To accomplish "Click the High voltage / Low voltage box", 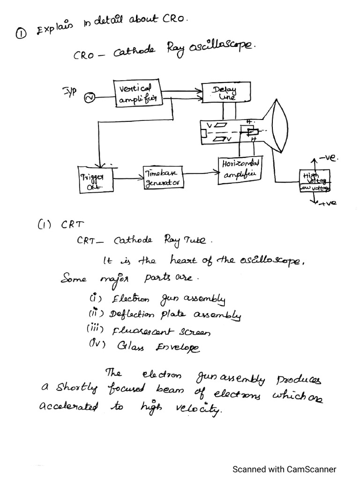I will coord(315,181).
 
